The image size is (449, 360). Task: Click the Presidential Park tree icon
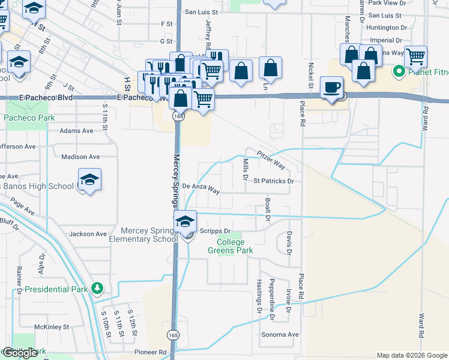point(97,289)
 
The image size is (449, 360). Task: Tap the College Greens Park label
point(231,246)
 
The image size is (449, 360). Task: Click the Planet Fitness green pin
point(397,73)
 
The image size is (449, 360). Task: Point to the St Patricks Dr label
point(273,181)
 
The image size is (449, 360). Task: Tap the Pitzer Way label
point(271,160)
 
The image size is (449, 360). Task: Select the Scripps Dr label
point(219,230)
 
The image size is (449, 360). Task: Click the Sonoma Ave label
point(280,334)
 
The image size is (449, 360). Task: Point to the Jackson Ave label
point(88,234)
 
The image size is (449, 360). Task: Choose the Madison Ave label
point(80,157)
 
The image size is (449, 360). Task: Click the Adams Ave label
point(76,130)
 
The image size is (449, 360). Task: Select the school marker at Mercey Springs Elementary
point(185,223)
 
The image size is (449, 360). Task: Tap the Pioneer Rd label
point(150,353)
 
